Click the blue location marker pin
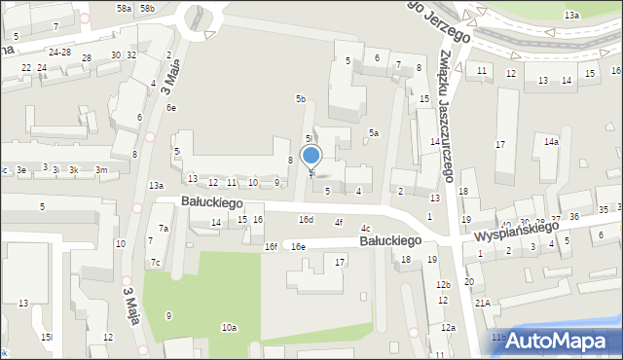pos(311,157)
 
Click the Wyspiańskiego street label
pos(516,231)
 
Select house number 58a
pos(124,8)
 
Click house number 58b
pos(146,8)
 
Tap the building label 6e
pos(170,108)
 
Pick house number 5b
pos(301,99)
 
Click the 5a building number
pos(373,132)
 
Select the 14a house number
pos(551,142)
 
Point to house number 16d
pos(306,220)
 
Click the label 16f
pos(271,247)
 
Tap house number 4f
pos(339,223)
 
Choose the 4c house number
pos(365,229)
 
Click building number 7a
pos(165,229)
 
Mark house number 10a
pos(229,328)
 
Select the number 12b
pos(443,284)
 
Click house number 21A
pos(481,303)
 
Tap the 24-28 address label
pos(59,52)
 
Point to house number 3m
pos(100,170)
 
